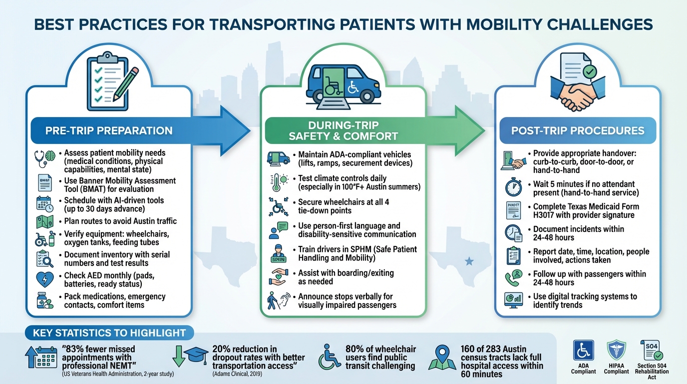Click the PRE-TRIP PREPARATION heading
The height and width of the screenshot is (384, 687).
109,131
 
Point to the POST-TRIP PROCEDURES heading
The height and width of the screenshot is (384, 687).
578,131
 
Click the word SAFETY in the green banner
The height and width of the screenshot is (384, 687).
316,136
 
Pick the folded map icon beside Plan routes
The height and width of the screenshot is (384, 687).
45,221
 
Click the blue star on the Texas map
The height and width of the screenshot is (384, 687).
468,261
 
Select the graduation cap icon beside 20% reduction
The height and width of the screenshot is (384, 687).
195,355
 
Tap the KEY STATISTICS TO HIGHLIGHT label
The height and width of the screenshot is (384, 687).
109,333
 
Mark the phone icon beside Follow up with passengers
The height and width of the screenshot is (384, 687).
514,278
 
